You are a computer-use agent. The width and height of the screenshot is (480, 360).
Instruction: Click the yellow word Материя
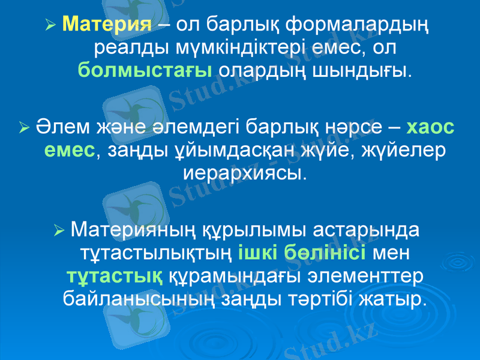(x=107, y=23)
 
